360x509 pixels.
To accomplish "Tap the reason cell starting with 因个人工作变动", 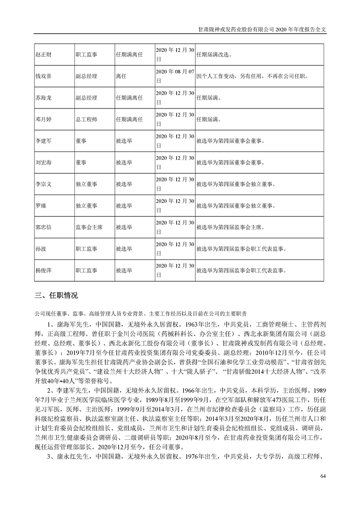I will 252,76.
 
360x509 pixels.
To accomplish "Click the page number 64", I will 323,476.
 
